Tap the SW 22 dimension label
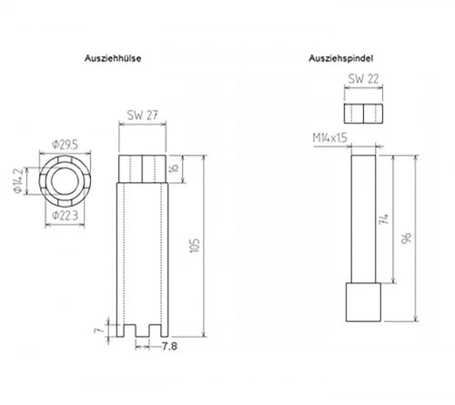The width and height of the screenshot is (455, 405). tap(364, 80)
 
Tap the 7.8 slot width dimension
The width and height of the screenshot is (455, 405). tap(169, 347)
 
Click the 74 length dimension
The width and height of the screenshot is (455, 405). tap(386, 218)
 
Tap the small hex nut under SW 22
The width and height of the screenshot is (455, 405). tap(364, 112)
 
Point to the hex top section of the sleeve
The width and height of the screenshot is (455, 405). tap(142, 169)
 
